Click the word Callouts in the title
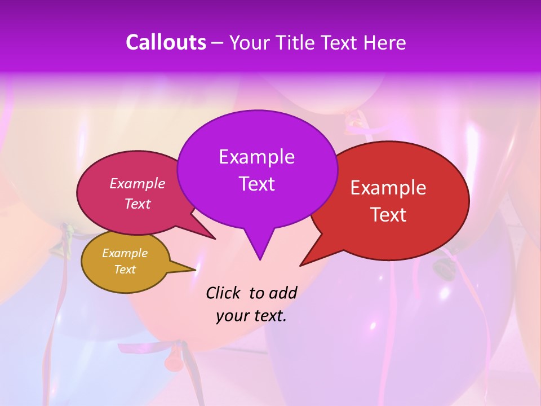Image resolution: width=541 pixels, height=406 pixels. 166,42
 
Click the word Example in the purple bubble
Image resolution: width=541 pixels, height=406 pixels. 256,156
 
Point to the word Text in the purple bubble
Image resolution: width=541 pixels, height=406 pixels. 256,183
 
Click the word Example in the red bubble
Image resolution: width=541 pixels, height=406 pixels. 388,187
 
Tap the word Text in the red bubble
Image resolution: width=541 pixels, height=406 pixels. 388,214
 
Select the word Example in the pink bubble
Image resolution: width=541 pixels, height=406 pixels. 138,183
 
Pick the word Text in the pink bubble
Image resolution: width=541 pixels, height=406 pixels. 138,204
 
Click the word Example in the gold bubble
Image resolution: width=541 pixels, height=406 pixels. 125,253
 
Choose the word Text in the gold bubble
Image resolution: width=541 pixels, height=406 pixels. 125,270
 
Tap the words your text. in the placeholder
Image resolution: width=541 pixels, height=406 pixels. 251,316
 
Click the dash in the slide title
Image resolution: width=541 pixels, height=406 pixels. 218,43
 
